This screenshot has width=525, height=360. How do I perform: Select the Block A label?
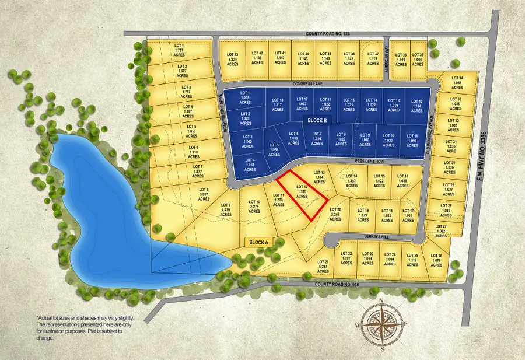point(258,242)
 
